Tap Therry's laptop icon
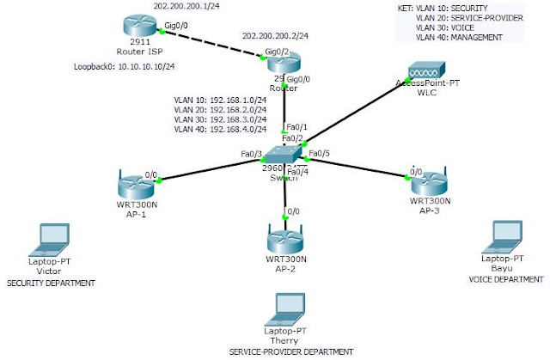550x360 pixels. click(284, 307)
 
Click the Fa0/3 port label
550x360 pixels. click(251, 155)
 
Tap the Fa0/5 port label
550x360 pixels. click(320, 155)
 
